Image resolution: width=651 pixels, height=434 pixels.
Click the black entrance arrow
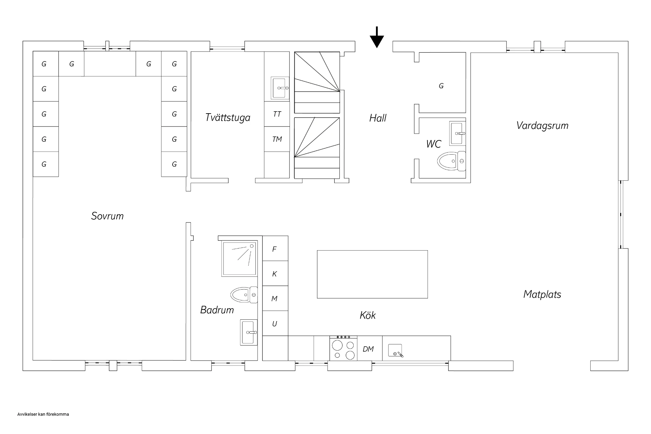(x=377, y=37)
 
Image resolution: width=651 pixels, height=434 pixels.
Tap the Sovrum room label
(x=107, y=216)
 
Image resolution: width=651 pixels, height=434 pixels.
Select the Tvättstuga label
(x=228, y=118)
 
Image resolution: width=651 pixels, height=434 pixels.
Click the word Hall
(x=378, y=118)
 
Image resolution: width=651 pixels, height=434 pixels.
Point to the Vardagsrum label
(x=542, y=126)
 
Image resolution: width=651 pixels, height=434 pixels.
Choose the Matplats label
(x=542, y=294)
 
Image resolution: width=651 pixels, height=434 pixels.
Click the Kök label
(x=368, y=315)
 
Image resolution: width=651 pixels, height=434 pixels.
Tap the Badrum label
(x=217, y=310)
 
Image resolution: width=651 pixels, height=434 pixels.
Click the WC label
(x=434, y=144)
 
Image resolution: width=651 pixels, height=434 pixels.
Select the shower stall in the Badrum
(x=239, y=258)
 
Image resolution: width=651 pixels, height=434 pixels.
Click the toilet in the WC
(x=452, y=161)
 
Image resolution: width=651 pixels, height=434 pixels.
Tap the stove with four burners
(x=343, y=348)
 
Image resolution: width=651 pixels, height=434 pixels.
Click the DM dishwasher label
(x=368, y=349)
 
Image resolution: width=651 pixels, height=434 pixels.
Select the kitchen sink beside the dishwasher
(x=395, y=351)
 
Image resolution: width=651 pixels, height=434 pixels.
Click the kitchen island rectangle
(x=372, y=274)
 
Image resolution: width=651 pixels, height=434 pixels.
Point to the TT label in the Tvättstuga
(x=277, y=114)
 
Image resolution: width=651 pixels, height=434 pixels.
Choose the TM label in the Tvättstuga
(x=277, y=139)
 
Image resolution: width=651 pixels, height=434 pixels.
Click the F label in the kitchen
(x=275, y=249)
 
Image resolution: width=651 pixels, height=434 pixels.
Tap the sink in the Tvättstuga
(x=280, y=88)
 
